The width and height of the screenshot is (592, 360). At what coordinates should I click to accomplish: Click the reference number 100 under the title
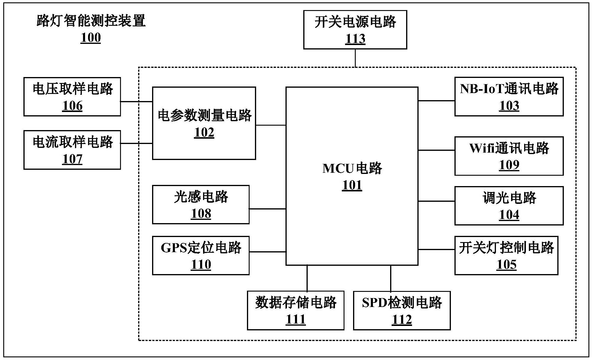(x=91, y=38)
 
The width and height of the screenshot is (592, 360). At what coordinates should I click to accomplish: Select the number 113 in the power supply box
(x=355, y=39)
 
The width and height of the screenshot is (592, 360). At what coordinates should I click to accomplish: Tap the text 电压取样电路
(x=73, y=89)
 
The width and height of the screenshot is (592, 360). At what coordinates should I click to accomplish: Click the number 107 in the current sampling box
(x=72, y=159)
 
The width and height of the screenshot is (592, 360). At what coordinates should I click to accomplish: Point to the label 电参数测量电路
(x=204, y=115)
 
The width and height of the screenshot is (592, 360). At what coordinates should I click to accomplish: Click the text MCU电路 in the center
(x=352, y=168)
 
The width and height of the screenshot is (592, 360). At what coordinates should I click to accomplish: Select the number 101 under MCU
(x=352, y=185)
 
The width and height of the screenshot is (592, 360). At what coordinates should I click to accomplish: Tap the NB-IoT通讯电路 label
(x=509, y=89)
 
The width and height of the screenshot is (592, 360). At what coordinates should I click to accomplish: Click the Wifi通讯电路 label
(x=509, y=148)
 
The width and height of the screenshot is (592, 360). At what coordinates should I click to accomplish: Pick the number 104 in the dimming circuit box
(x=509, y=215)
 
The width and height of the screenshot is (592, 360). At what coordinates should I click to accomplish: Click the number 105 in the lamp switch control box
(x=506, y=265)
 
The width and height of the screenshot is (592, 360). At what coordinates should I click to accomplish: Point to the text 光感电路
(x=201, y=197)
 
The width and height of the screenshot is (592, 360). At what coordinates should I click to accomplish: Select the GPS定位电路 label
(x=201, y=248)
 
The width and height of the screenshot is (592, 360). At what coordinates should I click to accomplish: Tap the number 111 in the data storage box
(x=296, y=319)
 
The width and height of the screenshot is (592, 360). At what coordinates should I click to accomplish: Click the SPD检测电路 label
(x=402, y=303)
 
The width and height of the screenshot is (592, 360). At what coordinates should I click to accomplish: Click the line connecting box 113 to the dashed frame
(x=355, y=58)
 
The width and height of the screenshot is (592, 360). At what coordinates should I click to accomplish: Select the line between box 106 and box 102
(x=136, y=102)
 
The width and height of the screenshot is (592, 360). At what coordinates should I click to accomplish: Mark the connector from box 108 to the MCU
(x=267, y=209)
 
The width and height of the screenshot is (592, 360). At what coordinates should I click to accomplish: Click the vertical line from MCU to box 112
(x=391, y=278)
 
